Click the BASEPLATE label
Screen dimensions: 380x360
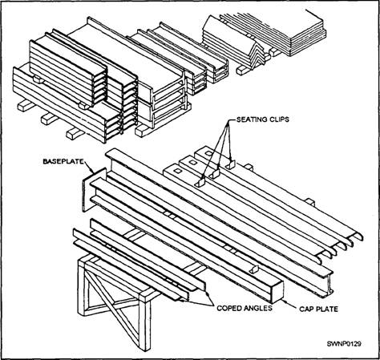(63, 161)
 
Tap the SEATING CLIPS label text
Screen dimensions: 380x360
(263, 119)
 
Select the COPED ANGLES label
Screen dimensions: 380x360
(245, 308)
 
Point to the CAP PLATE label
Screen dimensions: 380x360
(318, 309)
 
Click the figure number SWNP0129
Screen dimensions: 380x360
(344, 343)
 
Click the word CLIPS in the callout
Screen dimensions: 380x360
(277, 119)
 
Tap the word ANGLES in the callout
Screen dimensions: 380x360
(257, 308)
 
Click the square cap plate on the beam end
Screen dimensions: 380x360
(277, 291)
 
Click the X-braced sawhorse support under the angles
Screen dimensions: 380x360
(115, 299)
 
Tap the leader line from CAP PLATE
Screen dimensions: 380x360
(290, 304)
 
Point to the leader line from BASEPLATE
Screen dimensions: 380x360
(89, 167)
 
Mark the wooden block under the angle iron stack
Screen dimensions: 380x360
(243, 70)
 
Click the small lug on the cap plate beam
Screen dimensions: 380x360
(254, 269)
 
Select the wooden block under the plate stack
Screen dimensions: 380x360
(275, 52)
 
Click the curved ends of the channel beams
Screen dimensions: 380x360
(339, 247)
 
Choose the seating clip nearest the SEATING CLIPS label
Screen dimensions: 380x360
(230, 165)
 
